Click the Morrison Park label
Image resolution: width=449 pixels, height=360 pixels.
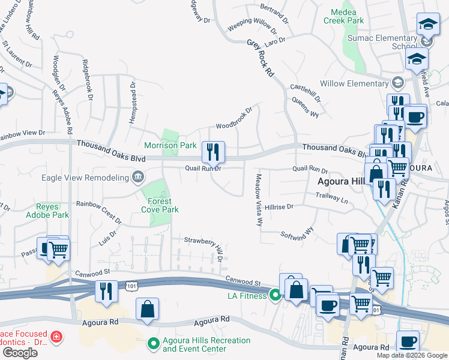click(170, 145)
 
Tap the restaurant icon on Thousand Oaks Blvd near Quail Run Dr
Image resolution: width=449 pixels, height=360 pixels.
click(213, 152)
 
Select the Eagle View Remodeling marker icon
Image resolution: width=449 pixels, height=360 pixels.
click(138, 177)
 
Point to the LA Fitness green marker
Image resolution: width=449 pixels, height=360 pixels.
click(276, 295)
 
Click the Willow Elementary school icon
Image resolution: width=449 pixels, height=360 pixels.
click(397, 83)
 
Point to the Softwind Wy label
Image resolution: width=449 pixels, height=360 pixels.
click(297, 231)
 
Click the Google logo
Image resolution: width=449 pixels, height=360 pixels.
click(20, 352)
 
